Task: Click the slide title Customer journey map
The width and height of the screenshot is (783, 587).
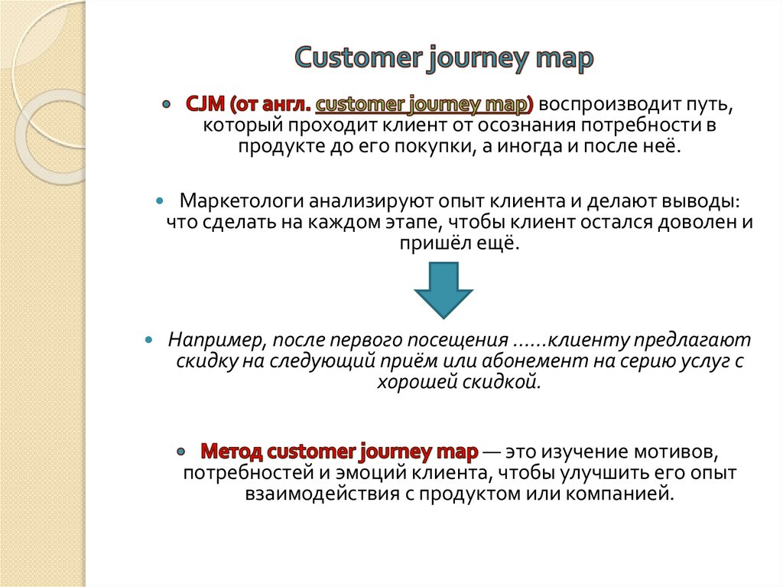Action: pos(444,59)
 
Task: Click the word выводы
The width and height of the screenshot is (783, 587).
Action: pos(702,201)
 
